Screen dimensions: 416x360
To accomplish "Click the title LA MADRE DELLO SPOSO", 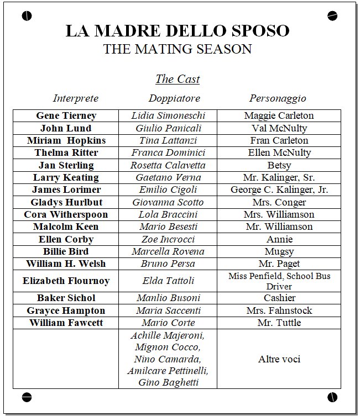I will pos(177,30).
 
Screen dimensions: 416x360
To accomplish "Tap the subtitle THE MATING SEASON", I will pos(177,49).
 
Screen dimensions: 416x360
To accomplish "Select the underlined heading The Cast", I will pos(177,79).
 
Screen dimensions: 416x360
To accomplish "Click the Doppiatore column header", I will pos(174,99).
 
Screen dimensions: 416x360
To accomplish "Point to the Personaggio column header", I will pos(278,99).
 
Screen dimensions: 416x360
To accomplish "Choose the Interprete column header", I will pos(76,99).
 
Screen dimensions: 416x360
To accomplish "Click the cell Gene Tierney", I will pos(66,116).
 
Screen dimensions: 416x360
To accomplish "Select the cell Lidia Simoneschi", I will pos(168,116).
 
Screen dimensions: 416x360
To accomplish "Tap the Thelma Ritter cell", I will pos(66,153).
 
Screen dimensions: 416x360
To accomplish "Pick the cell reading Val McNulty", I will pos(279,128).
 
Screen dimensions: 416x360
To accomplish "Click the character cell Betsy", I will pos(279,165).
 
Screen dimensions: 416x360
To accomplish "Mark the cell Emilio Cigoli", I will pos(168,190).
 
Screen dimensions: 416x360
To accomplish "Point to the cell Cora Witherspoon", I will pos(66,214).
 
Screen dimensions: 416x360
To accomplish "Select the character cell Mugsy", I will pos(279,251).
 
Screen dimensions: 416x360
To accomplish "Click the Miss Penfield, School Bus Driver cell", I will pos(279,281).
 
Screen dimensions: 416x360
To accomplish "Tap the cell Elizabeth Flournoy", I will pos(66,281).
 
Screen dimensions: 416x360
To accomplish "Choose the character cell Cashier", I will pos(279,298).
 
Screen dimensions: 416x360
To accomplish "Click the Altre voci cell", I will pos(279,359).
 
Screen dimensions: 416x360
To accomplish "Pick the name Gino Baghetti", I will pos(168,382).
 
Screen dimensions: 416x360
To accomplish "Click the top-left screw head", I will pos(27,16).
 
